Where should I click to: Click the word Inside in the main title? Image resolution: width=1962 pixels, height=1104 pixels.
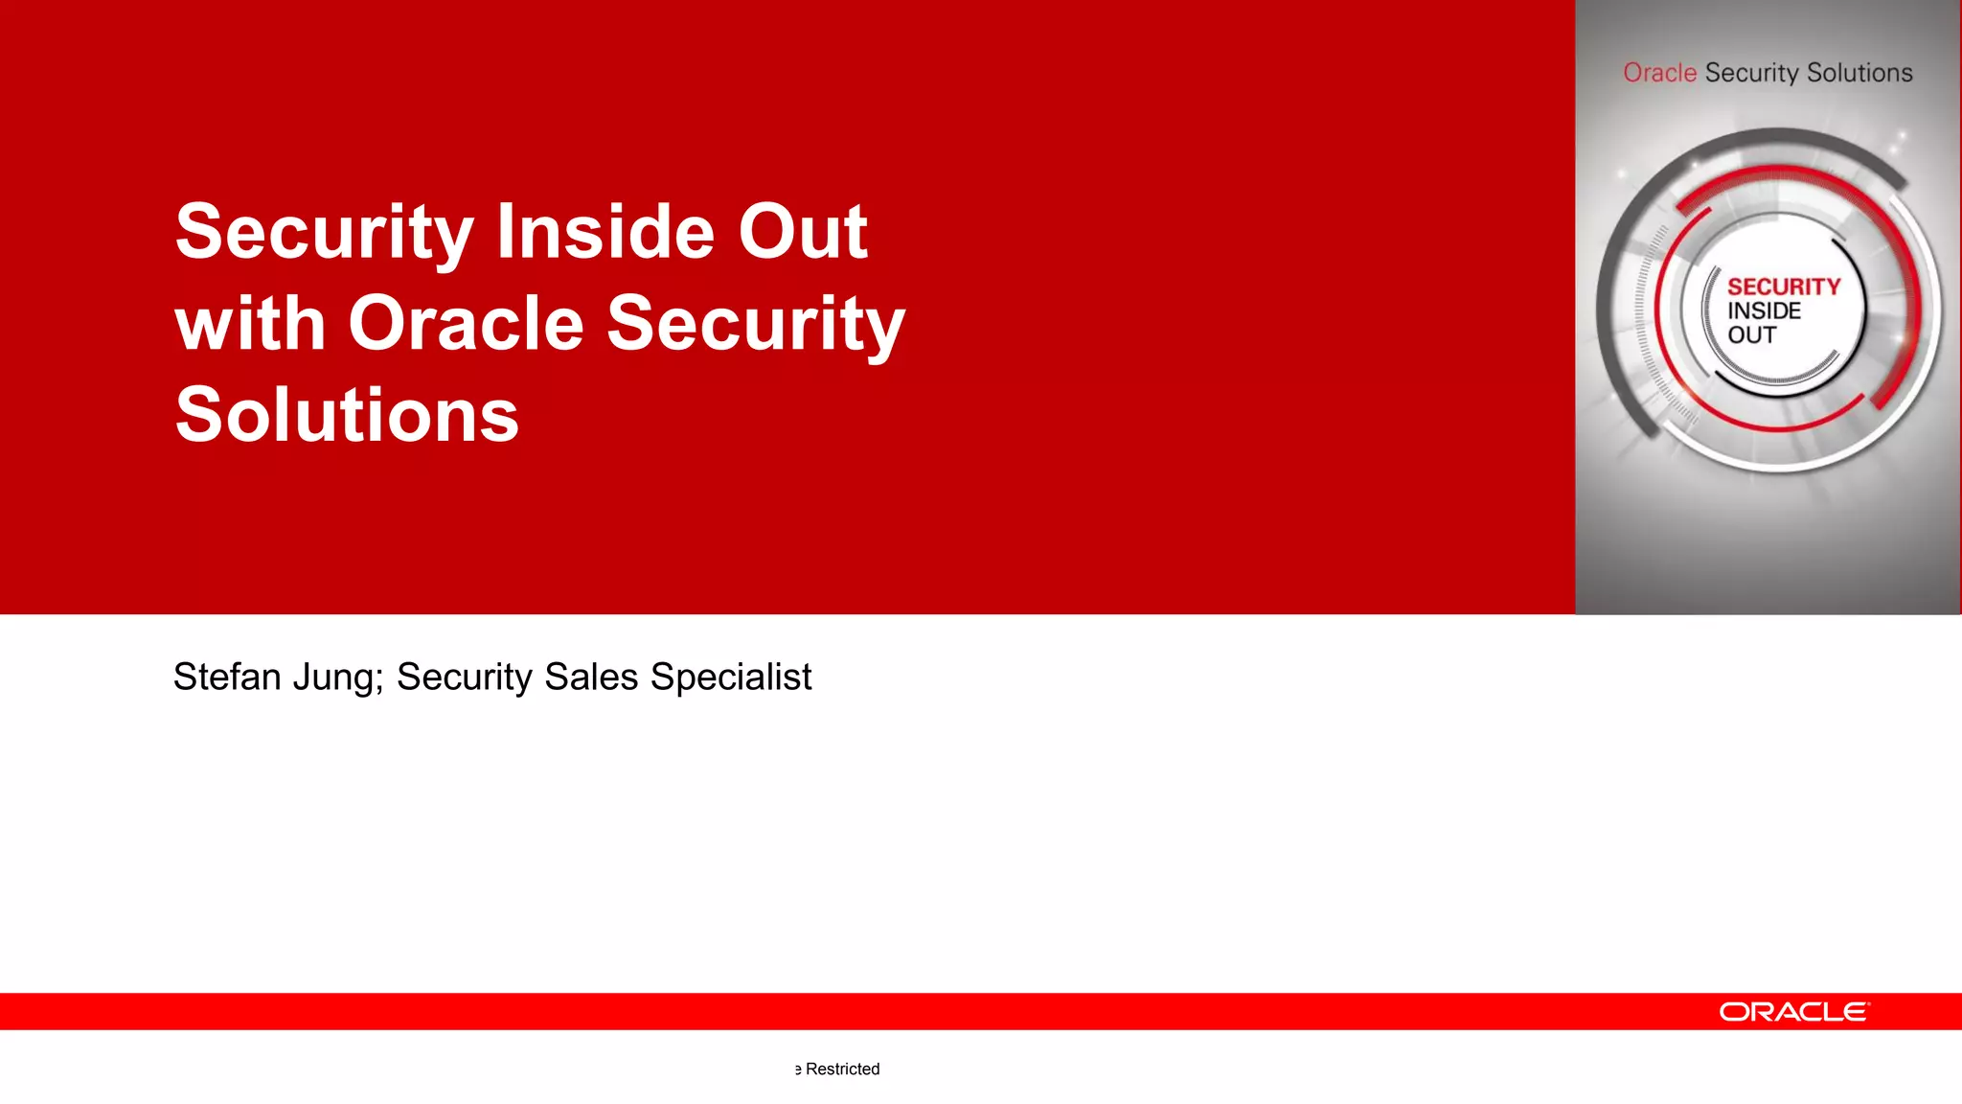tap(605, 232)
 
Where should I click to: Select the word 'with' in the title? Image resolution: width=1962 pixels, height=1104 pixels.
tap(251, 324)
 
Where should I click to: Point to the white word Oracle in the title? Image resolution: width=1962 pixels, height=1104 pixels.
tap(466, 324)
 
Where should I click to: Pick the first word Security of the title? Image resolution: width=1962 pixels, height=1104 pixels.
tap(324, 234)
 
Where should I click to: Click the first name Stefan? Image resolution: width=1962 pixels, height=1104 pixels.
tap(227, 677)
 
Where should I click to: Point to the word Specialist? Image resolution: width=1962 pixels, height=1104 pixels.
tap(731, 677)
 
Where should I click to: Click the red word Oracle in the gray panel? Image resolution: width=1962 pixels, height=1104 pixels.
tap(1659, 73)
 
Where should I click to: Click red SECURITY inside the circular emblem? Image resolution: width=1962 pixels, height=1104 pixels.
tap(1783, 287)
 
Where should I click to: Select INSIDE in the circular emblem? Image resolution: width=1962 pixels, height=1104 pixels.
tap(1764, 310)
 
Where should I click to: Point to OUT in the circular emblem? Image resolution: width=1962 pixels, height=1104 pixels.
tap(1751, 334)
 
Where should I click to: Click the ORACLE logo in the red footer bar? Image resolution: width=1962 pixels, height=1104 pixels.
tap(1793, 1012)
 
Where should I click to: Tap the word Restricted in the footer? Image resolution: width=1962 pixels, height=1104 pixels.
tap(842, 1069)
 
